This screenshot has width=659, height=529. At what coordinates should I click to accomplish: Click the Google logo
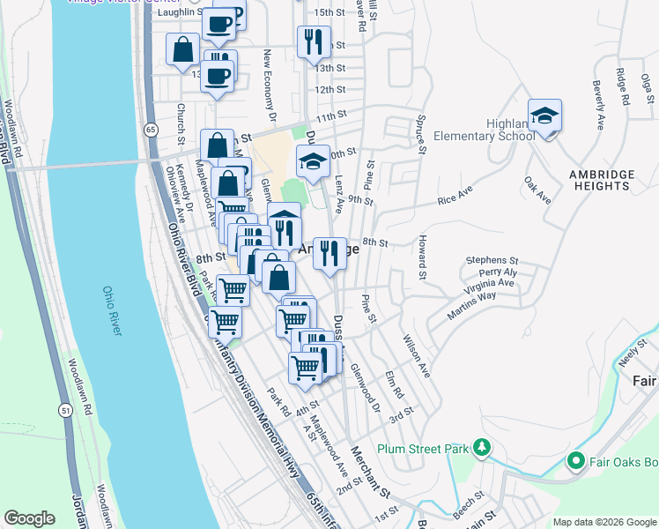(x=29, y=518)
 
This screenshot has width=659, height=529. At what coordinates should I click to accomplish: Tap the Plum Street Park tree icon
(x=481, y=448)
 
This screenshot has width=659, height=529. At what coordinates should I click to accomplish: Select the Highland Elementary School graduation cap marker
(x=545, y=115)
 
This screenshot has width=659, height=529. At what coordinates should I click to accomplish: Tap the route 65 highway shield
(x=152, y=130)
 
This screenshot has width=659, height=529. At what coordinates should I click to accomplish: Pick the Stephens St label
(x=492, y=261)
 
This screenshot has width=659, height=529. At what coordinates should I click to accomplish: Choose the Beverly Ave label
(x=598, y=98)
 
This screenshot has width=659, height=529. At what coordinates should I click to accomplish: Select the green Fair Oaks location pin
(x=575, y=460)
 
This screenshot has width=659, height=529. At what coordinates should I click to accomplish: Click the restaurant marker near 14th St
(x=313, y=40)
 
